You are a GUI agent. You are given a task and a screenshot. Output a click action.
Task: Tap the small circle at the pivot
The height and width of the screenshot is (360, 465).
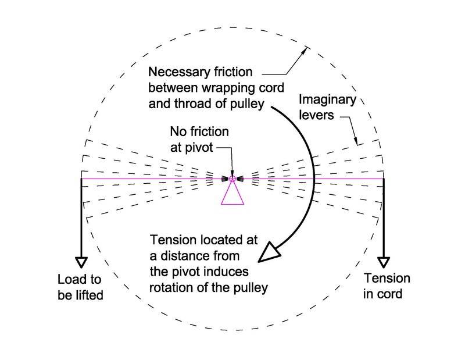pos(232,179)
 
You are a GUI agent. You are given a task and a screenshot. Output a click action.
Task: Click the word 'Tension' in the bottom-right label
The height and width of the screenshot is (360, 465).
pos(387,279)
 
